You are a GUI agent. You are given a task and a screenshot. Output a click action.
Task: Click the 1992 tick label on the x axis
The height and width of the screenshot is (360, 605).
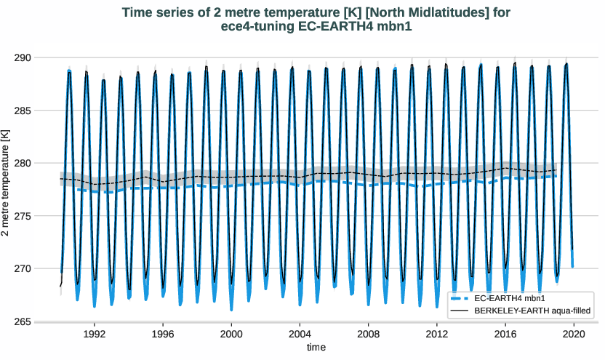pos(95,334)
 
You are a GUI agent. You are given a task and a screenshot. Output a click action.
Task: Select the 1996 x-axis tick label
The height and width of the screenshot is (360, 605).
pos(163,334)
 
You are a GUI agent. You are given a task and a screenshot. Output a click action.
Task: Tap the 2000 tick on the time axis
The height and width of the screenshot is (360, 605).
pos(231,334)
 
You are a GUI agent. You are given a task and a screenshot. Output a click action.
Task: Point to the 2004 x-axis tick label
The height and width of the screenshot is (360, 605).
pos(300,334)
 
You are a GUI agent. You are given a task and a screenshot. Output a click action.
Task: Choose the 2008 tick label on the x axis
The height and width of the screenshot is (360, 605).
pos(368,334)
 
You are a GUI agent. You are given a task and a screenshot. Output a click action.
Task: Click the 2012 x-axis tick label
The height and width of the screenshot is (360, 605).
pos(436,334)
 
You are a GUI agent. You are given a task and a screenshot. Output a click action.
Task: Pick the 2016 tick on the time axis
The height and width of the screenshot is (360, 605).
pos(505,334)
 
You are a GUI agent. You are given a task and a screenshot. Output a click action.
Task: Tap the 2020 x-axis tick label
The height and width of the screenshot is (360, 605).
pos(573,334)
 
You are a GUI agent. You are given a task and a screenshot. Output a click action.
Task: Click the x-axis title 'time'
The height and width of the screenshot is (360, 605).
pos(316,348)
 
